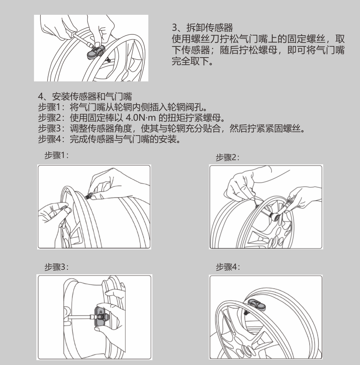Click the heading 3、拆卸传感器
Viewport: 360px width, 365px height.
(202, 28)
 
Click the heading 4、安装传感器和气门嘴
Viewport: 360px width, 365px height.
(85, 96)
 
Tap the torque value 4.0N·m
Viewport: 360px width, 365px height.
(140, 118)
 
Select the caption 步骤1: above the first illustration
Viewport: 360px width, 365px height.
(56, 155)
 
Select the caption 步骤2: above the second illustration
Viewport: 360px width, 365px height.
(228, 158)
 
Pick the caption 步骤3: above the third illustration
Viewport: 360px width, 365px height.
(56, 267)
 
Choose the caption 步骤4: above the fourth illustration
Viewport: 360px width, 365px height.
(228, 267)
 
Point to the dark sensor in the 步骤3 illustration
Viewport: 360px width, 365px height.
(102, 318)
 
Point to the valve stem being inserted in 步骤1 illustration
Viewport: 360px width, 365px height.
(88, 196)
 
